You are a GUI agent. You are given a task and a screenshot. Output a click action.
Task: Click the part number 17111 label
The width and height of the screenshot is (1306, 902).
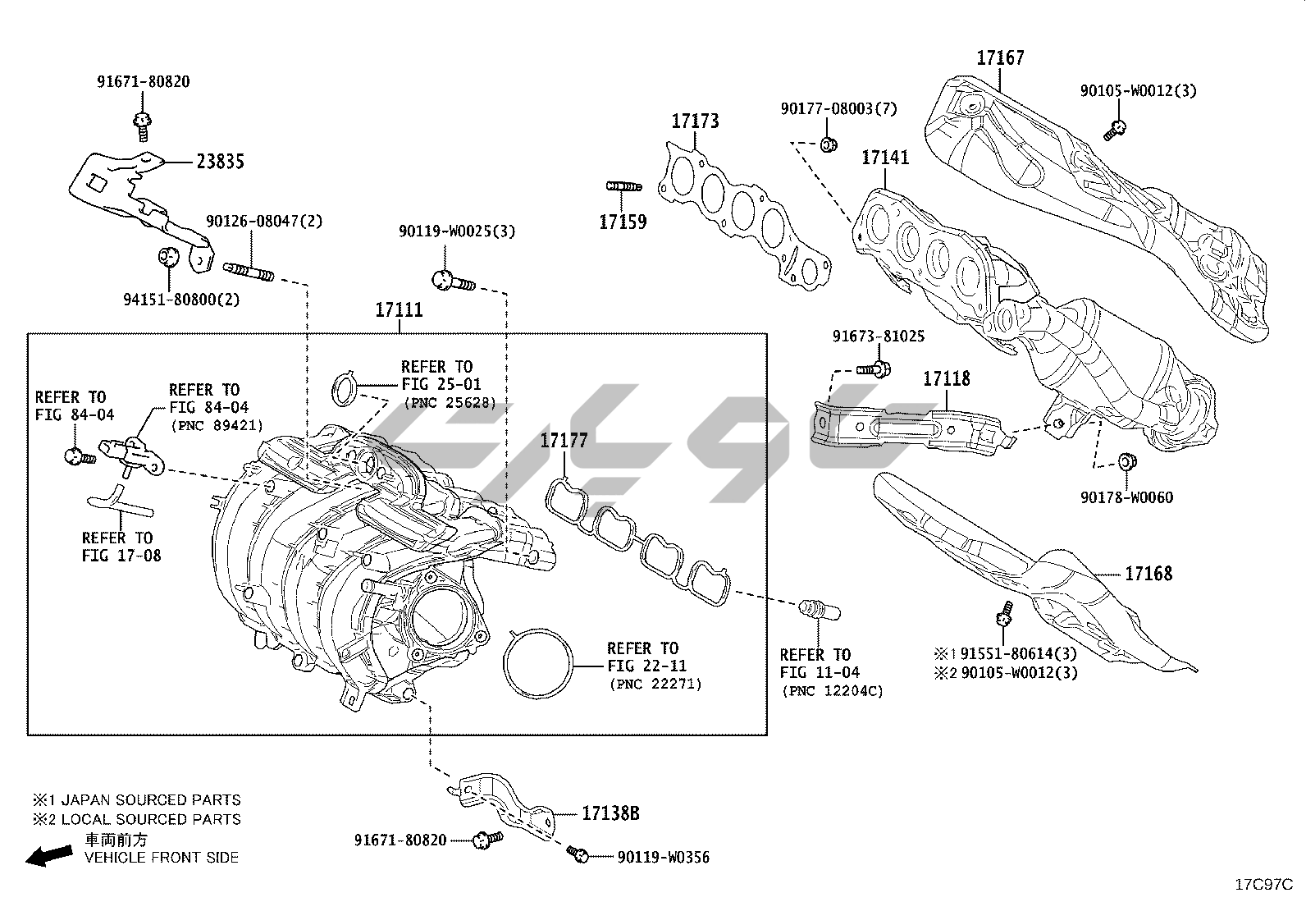399,310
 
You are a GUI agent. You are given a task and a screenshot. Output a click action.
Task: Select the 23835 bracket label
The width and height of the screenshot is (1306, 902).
220,162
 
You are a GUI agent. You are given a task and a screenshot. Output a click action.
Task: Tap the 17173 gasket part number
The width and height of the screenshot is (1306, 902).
695,121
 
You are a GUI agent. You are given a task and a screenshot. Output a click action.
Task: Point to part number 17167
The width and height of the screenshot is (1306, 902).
1000,58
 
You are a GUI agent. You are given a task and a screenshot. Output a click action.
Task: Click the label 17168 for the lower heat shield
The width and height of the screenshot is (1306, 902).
1148,574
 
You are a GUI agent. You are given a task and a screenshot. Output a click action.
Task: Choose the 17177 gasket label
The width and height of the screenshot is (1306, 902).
564,442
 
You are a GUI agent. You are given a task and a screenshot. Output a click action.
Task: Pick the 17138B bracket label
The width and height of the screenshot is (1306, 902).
610,814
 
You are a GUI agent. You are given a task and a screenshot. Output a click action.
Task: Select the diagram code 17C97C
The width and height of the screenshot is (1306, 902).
1264,885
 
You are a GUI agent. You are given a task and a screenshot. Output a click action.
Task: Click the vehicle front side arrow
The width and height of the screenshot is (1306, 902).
47,857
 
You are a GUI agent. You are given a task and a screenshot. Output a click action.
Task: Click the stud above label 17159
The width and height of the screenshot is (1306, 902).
623,187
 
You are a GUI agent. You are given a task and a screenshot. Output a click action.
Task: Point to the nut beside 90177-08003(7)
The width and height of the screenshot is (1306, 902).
828,145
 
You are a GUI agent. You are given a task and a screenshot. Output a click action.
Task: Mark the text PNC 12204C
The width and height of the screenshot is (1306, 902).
832,691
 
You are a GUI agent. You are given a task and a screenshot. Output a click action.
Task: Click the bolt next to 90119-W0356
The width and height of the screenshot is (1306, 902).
578,855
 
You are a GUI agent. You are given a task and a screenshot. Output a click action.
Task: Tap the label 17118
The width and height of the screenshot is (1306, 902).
946,379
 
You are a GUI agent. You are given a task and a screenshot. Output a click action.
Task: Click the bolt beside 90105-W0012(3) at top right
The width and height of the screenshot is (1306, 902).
1116,128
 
